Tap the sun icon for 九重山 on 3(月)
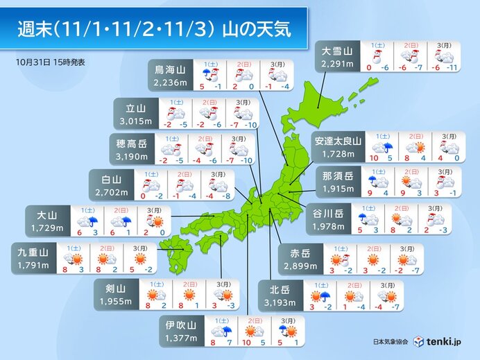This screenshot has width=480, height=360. [139, 258]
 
